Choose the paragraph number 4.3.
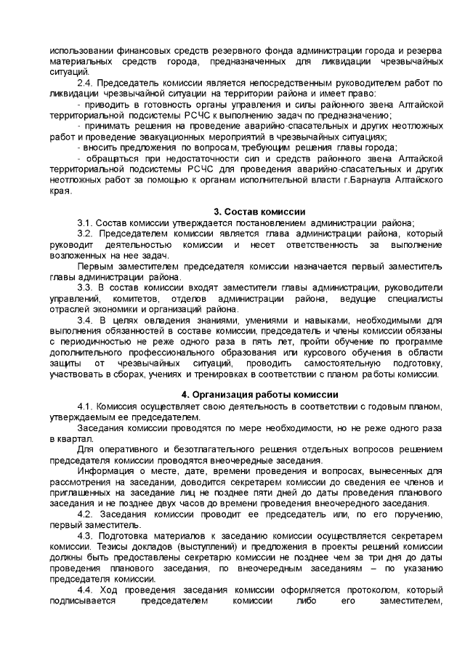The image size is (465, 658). click(85, 537)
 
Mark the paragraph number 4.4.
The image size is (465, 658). click(85, 590)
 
